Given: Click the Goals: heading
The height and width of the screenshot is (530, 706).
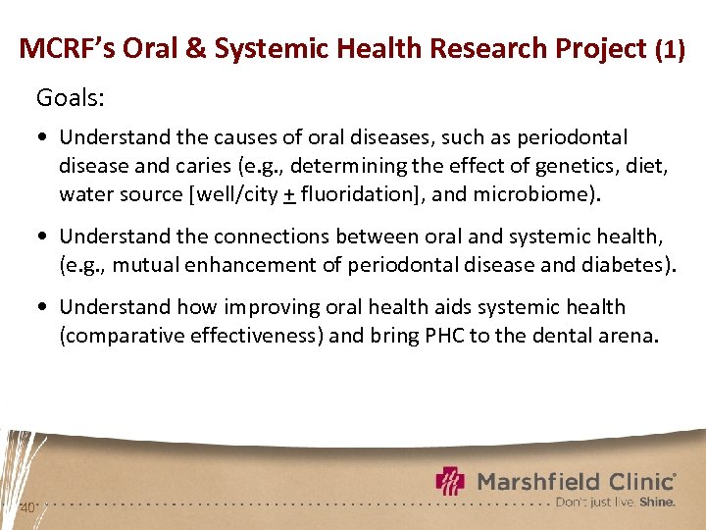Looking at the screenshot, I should (x=70, y=97).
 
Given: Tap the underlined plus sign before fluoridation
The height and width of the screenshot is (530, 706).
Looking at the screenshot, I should (x=289, y=194).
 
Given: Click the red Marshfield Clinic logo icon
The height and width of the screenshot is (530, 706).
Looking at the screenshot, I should (x=450, y=482).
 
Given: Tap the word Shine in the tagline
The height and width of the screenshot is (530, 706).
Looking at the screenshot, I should (x=657, y=502).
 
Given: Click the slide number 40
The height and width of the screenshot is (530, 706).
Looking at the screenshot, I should (x=27, y=507).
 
